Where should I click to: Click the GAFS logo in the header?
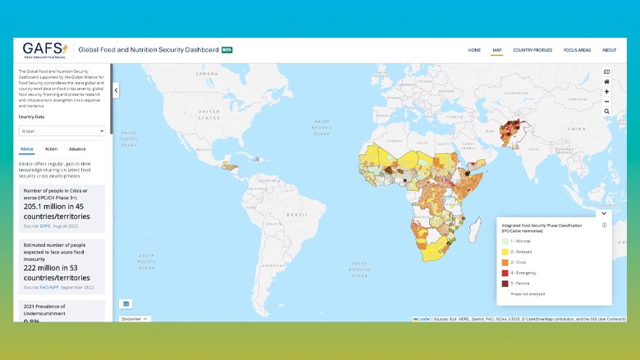tap(45, 49)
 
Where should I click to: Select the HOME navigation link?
tap(474, 50)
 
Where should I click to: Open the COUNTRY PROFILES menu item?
tap(533, 50)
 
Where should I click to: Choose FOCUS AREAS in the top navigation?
tap(577, 50)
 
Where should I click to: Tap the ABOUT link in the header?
tap(609, 50)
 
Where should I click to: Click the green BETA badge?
tap(226, 50)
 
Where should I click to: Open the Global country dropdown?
tap(62, 130)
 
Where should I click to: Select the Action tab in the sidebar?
tap(51, 149)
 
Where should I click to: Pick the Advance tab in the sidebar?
tap(77, 149)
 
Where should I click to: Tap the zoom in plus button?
tap(606, 92)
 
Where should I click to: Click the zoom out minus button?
tap(606, 101)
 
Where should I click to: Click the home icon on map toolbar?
tap(606, 82)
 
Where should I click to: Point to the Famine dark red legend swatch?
tap(505, 282)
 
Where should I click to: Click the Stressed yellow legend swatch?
tap(505, 250)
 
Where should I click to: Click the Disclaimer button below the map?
tap(135, 318)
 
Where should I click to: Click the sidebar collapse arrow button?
tap(116, 90)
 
